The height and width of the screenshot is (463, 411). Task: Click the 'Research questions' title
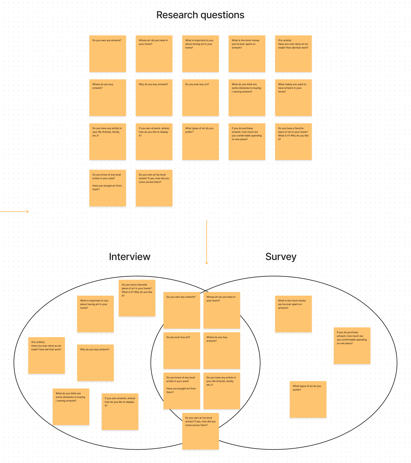200,15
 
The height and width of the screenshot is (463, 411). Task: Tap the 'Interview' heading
129,257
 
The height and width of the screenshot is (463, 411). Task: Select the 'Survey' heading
281,257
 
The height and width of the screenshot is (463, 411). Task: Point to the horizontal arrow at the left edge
15,212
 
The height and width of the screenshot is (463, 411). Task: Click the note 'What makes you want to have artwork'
293,97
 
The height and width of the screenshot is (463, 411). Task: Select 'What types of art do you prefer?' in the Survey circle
308,399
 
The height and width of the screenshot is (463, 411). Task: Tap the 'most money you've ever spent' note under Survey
293,314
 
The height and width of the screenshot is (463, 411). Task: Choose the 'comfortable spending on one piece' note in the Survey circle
352,345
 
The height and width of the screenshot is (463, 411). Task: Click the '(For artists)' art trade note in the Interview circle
46,355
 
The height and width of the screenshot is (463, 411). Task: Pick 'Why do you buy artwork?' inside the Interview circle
95,362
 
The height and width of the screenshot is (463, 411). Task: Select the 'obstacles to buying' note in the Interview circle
71,406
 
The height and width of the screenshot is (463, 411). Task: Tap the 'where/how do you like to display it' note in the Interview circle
120,411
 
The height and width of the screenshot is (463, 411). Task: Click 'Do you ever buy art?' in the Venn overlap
181,350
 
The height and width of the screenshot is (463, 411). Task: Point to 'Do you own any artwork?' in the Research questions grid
107,53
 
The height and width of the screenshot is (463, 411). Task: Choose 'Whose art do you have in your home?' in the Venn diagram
221,310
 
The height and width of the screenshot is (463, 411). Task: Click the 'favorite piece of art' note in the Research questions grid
293,141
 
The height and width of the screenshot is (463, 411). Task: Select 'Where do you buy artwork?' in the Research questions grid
107,97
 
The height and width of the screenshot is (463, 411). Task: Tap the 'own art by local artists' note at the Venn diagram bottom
200,431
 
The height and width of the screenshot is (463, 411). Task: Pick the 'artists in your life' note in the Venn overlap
221,391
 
